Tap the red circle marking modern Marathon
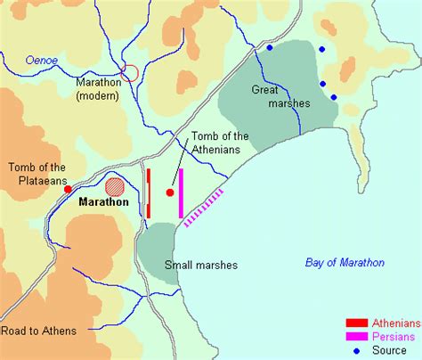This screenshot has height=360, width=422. [130, 73]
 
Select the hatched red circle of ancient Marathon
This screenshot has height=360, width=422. [116, 187]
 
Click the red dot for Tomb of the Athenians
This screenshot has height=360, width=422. [170, 192]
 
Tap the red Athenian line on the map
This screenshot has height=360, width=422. [149, 192]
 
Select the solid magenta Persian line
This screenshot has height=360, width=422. [181, 192]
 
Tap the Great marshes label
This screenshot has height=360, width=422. [286, 96]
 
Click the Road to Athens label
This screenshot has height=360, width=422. [38, 331]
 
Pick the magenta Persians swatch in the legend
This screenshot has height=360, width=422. [357, 337]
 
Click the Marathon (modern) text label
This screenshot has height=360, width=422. [98, 89]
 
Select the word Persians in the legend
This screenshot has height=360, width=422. [394, 337]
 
